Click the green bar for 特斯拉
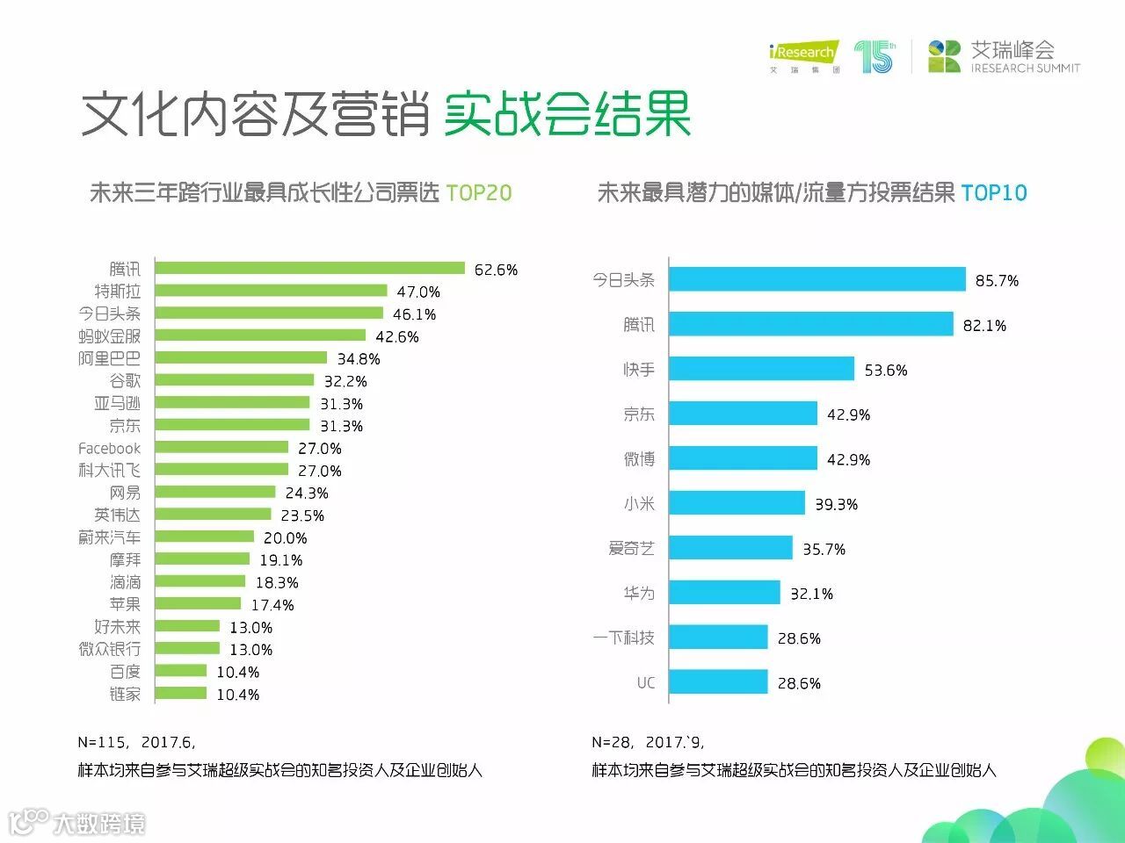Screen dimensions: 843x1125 point(271,291)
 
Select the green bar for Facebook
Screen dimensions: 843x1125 point(221,448)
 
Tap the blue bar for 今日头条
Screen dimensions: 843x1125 point(817,279)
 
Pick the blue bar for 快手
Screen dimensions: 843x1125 point(761,369)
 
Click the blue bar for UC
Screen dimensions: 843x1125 point(718,682)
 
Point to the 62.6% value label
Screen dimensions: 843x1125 point(496,270)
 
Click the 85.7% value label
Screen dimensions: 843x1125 point(997,281)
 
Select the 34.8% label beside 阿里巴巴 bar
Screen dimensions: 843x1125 point(359,359)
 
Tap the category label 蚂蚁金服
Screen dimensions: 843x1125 point(109,336)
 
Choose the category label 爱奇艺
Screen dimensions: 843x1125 point(631,549)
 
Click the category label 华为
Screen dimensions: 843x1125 point(639,594)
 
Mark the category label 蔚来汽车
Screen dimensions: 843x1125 point(109,537)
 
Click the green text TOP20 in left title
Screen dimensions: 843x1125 point(479,193)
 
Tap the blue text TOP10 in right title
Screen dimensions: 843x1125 point(994,193)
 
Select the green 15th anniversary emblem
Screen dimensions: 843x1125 point(875,56)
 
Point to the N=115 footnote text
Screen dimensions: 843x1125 point(136,743)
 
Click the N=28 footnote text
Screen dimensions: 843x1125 point(648,743)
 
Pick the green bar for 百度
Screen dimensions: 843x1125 point(181,671)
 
